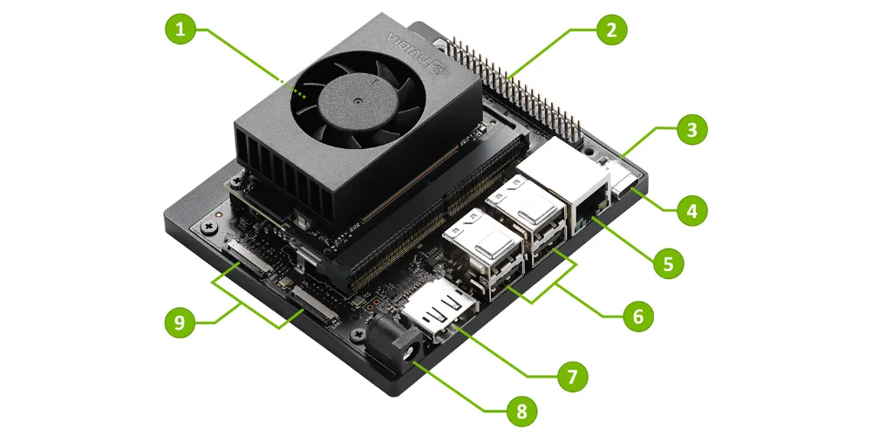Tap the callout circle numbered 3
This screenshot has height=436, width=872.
coord(691,131)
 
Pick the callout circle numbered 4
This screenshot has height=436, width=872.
coord(691,210)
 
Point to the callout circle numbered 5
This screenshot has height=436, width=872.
coord(667,262)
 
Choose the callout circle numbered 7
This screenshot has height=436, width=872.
coord(571,377)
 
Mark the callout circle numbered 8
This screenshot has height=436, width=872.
coord(520,409)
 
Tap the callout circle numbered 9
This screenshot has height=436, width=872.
coord(181,322)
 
